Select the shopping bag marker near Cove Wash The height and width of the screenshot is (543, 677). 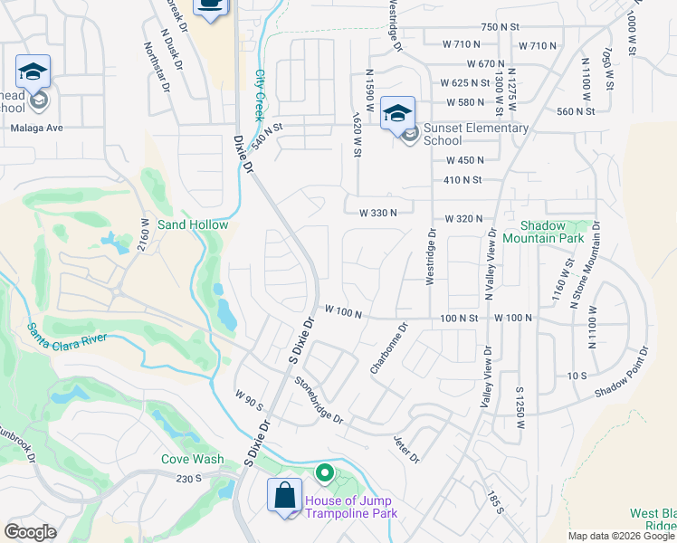pyautogui.click(x=284, y=497)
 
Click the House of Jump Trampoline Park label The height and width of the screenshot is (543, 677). pyautogui.click(x=351, y=508)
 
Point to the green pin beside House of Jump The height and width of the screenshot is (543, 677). pyautogui.click(x=324, y=472)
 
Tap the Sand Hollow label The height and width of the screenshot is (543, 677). pyautogui.click(x=193, y=224)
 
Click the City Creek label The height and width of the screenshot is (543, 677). pyautogui.click(x=259, y=90)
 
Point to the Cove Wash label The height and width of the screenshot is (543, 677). pyautogui.click(x=193, y=459)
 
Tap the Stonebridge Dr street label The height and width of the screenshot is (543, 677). pyautogui.click(x=319, y=400)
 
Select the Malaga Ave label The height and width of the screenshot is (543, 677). pyautogui.click(x=36, y=128)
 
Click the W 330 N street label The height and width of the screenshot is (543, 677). pyautogui.click(x=379, y=214)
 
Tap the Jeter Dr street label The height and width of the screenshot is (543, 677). pyautogui.click(x=406, y=448)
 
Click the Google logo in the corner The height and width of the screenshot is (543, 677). pyautogui.click(x=30, y=532)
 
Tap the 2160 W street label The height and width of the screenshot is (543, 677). pyautogui.click(x=143, y=238)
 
